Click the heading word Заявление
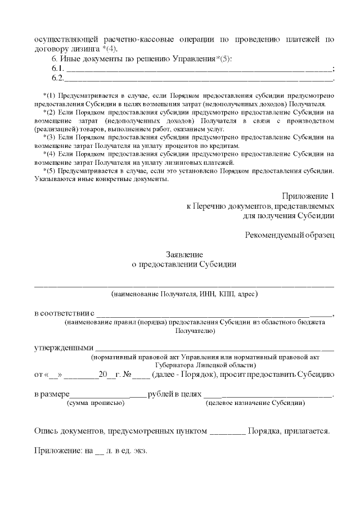(x=184, y=255)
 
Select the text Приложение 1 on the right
(x=308, y=196)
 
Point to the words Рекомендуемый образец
(x=290, y=234)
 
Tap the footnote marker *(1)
(x=49, y=93)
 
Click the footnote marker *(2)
(x=49, y=112)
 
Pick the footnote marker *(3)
(x=49, y=137)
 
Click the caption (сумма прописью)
(x=96, y=403)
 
